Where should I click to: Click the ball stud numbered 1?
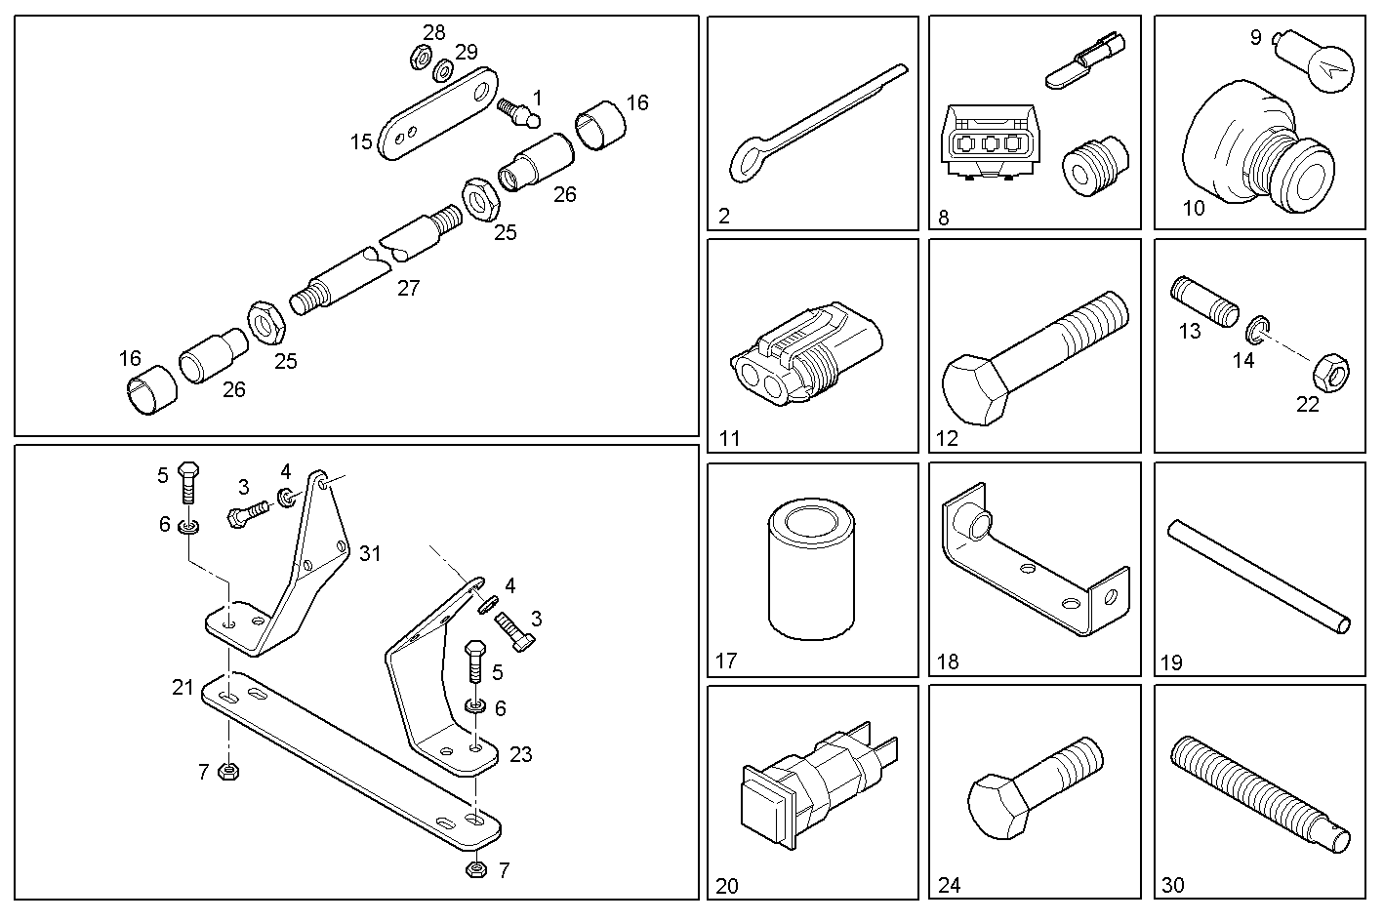click(518, 112)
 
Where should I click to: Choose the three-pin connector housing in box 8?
click(990, 146)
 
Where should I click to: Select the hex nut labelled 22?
click(1332, 370)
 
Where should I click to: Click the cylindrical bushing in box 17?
click(811, 569)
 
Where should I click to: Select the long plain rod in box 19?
click(1259, 576)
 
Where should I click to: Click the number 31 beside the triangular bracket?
click(370, 553)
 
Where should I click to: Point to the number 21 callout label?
click(183, 687)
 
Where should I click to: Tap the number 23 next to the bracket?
click(520, 754)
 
